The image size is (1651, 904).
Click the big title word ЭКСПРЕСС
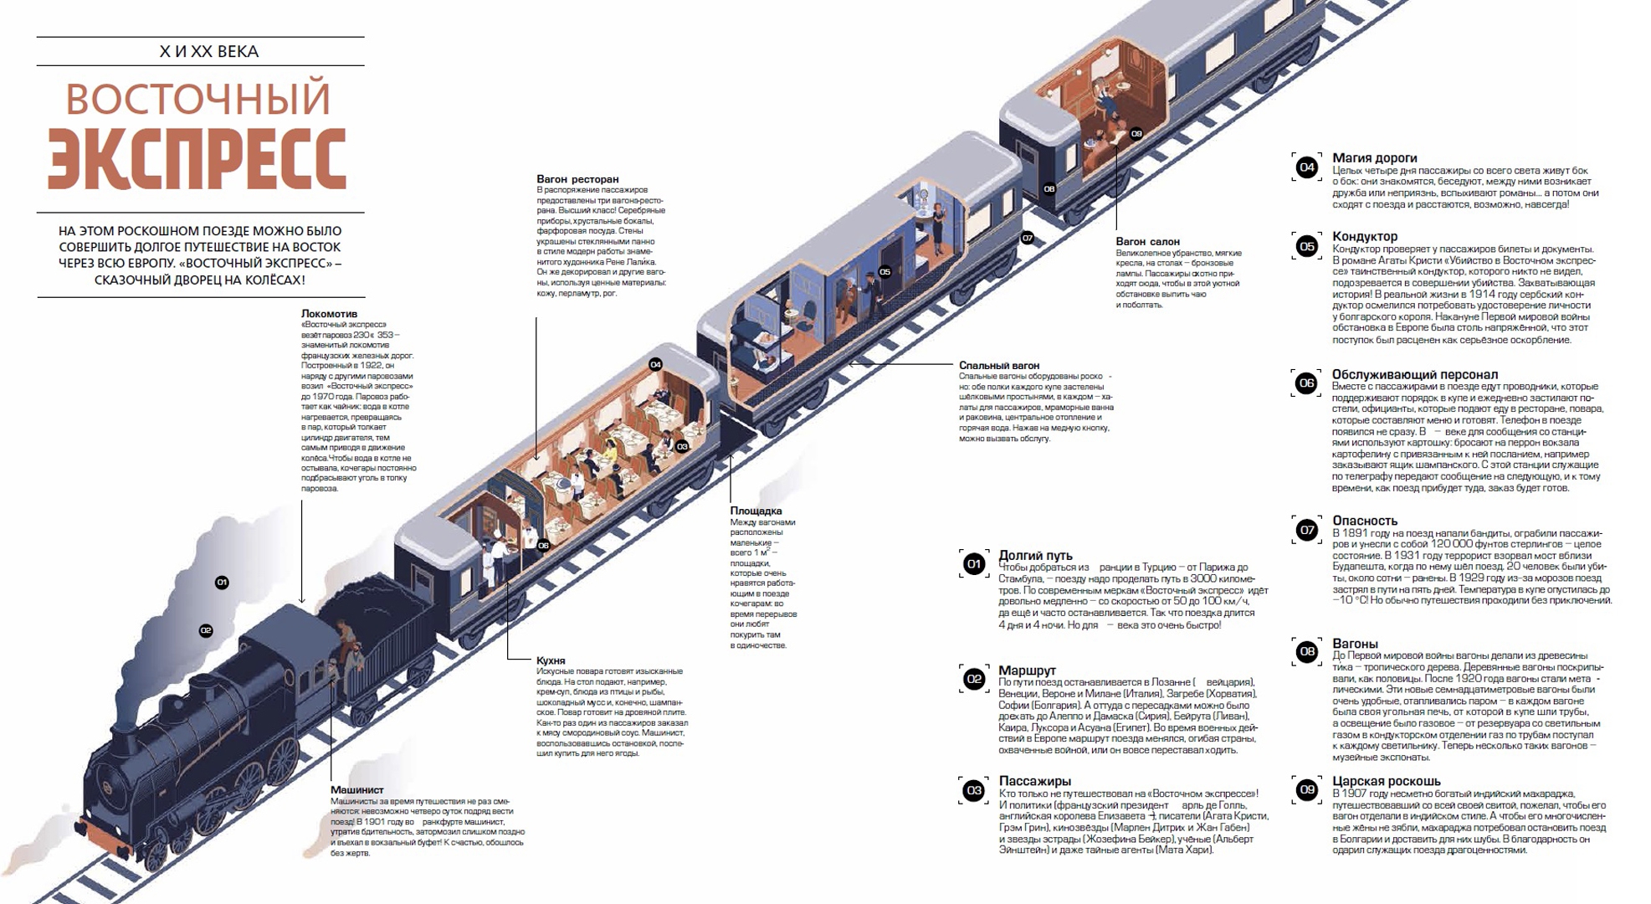[x=197, y=159]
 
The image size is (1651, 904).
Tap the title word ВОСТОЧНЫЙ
[x=198, y=99]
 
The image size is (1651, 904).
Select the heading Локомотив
[x=329, y=314]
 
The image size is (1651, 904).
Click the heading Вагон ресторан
[x=577, y=179]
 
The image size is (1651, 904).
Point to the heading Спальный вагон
[x=999, y=366]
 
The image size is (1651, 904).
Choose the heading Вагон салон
[x=1147, y=242]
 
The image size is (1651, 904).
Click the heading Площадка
[x=756, y=511]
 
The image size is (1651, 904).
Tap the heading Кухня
[x=551, y=660]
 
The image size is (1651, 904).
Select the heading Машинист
[x=356, y=789]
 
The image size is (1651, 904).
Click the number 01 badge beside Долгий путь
[x=974, y=564]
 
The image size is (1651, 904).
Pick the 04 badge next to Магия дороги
[x=1306, y=167]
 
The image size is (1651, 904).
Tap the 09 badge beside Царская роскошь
[x=1306, y=790]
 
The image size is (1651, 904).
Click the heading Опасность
[x=1365, y=521]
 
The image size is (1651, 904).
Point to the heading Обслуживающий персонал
[x=1415, y=374]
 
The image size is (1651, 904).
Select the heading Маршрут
[x=1027, y=670]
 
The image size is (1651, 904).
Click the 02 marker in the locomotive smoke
[x=206, y=630]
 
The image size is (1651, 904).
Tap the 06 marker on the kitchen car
[x=543, y=546]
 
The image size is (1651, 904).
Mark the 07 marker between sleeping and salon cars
[x=1028, y=238]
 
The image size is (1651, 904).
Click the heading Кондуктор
[x=1365, y=236]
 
